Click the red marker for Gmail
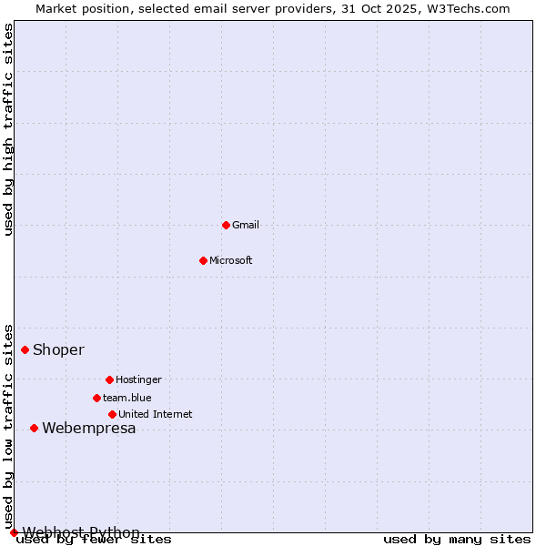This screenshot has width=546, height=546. click(226, 225)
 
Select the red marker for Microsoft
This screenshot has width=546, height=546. click(203, 260)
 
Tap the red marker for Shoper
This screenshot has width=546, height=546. click(25, 349)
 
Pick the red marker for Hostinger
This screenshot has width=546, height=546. click(109, 379)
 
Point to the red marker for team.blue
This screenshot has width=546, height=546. click(96, 398)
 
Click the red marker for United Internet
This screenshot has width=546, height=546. click(112, 414)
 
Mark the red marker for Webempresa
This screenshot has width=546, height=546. click(34, 428)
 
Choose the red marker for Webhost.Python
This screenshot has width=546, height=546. click(14, 532)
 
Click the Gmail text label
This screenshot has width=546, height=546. click(246, 225)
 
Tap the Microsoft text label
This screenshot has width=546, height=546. click(231, 260)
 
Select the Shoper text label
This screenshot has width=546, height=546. click(59, 349)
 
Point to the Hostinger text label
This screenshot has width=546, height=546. click(138, 379)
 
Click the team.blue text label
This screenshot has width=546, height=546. click(127, 398)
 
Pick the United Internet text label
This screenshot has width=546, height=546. click(156, 414)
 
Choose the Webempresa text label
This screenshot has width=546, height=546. click(89, 428)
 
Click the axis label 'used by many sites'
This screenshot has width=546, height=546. click(457, 540)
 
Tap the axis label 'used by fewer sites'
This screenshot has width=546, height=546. click(95, 540)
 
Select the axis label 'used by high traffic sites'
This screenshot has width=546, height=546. click(9, 129)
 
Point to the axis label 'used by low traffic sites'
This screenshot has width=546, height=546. click(9, 426)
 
